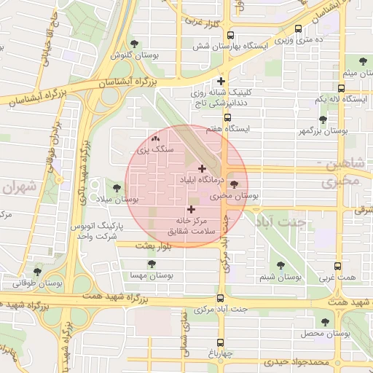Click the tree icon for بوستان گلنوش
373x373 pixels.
135,44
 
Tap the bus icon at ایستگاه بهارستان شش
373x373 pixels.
230,35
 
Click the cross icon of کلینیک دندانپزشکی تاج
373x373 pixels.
222,81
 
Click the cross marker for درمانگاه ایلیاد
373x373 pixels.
202,168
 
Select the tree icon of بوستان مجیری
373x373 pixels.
233,185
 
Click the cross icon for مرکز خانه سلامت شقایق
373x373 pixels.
192,209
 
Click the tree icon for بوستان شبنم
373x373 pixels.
280,266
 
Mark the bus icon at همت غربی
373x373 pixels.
337,267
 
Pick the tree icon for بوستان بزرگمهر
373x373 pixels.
323,119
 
